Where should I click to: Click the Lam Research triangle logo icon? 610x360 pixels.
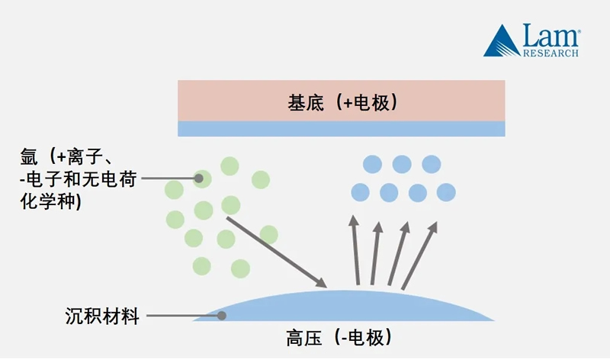[x=501, y=41]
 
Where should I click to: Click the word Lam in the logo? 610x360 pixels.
[x=551, y=35]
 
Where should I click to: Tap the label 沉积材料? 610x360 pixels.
[x=103, y=316]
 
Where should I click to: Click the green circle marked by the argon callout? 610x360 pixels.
[x=202, y=179]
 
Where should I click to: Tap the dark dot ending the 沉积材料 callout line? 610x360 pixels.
[x=223, y=315]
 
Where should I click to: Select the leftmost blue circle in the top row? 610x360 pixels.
[x=371, y=164]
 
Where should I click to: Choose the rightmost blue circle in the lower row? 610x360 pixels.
[x=447, y=191]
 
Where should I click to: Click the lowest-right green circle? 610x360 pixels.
[x=240, y=268]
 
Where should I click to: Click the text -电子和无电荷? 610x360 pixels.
[x=73, y=179]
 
